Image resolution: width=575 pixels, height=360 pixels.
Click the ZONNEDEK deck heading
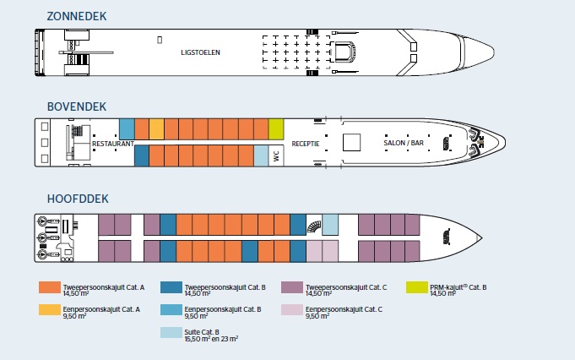(77, 17)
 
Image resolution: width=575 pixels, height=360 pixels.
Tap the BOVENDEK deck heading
(77, 106)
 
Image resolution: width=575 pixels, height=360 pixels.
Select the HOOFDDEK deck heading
(78, 199)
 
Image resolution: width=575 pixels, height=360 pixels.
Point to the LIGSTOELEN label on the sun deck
(200, 52)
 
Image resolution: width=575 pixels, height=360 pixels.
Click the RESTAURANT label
(113, 144)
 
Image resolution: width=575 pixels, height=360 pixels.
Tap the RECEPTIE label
(306, 144)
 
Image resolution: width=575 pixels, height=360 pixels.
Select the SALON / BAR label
(404, 143)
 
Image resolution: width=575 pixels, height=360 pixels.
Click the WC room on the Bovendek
(276, 155)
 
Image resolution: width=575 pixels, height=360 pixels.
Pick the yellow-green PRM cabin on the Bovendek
(276, 129)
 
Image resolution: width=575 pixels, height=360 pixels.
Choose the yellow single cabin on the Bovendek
(156, 129)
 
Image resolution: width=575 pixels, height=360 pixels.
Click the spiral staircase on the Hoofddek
(314, 226)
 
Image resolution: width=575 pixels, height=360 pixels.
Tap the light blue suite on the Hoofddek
(330, 225)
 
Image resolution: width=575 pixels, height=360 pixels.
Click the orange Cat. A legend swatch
(50, 287)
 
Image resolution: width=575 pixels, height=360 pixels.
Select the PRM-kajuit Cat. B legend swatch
(417, 287)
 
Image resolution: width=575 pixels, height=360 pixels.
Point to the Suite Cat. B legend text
(211, 335)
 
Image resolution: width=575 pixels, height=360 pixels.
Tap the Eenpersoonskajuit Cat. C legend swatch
(292, 310)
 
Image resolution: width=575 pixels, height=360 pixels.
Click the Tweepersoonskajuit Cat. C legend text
(346, 290)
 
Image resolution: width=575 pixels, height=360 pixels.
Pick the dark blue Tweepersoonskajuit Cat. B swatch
(171, 287)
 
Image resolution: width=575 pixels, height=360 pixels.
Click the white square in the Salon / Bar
(352, 142)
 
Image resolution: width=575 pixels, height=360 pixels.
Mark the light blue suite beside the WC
(261, 155)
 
